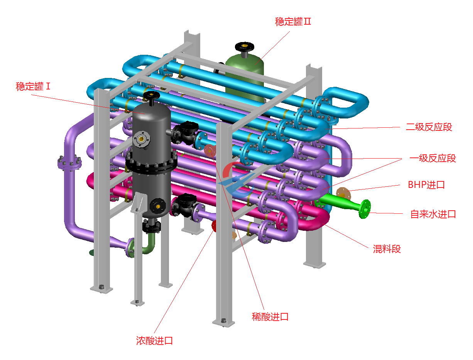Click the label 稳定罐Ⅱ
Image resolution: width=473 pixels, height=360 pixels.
pyautogui.click(x=293, y=21)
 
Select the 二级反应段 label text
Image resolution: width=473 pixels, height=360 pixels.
pyautogui.click(x=429, y=127)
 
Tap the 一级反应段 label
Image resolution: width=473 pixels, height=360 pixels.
pyautogui.click(x=432, y=158)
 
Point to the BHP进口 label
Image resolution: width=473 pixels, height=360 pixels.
pyautogui.click(x=426, y=184)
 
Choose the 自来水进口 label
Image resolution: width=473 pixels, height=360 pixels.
pyautogui.click(x=433, y=214)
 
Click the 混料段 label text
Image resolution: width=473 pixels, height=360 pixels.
pyautogui.click(x=387, y=249)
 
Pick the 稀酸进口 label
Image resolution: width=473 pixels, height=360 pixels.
pyautogui.click(x=270, y=317)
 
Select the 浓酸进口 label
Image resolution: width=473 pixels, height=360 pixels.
pyautogui.click(x=154, y=341)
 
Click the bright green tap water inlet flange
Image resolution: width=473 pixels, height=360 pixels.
pyautogui.click(x=365, y=209)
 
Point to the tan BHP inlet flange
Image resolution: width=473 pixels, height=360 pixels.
pyautogui.click(x=342, y=192)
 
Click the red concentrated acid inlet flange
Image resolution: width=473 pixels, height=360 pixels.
pyautogui.click(x=215, y=226)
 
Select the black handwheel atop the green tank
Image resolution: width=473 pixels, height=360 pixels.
pyautogui.click(x=245, y=47)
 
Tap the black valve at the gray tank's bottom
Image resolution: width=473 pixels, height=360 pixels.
pyautogui.click(x=152, y=226)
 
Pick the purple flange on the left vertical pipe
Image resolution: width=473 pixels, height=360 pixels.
pyautogui.click(x=70, y=164)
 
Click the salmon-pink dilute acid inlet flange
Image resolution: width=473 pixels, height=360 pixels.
pyautogui.click(x=209, y=150)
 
